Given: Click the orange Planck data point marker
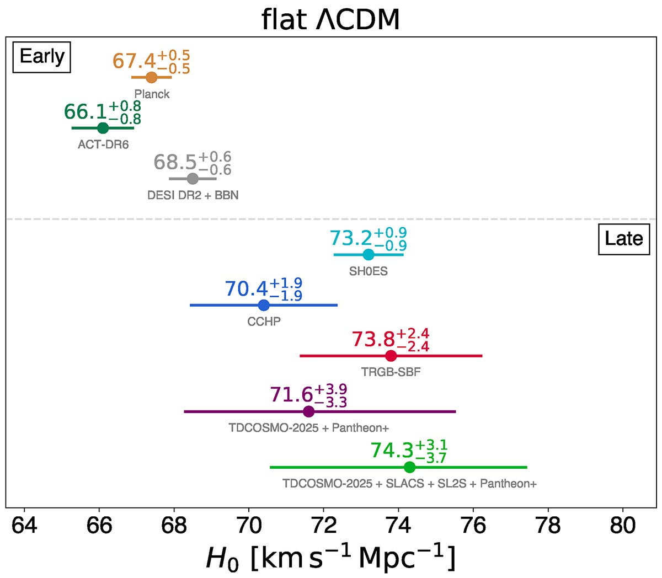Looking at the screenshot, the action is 152,78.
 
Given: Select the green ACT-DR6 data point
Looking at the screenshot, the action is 103,128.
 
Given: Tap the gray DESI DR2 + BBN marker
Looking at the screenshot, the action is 193,179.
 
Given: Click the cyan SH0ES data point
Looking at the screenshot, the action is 369,255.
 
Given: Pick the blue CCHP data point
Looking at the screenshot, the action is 264,305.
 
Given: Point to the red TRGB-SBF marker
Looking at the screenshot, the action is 391,356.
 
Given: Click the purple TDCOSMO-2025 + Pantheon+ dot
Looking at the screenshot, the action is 309,411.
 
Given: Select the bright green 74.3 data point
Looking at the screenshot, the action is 409,467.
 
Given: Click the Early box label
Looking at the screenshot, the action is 42,56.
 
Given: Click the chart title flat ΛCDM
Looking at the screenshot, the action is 330,20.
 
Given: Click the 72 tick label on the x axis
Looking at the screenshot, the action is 324,525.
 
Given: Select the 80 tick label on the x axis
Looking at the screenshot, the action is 623,525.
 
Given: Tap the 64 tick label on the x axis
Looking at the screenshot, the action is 24,525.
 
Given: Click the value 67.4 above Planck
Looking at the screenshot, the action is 134,61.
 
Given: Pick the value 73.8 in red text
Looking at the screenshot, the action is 373,339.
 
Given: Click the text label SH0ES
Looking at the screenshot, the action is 369,271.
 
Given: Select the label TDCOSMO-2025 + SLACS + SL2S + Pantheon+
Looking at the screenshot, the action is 409,484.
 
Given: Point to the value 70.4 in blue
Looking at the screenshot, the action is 246,288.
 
